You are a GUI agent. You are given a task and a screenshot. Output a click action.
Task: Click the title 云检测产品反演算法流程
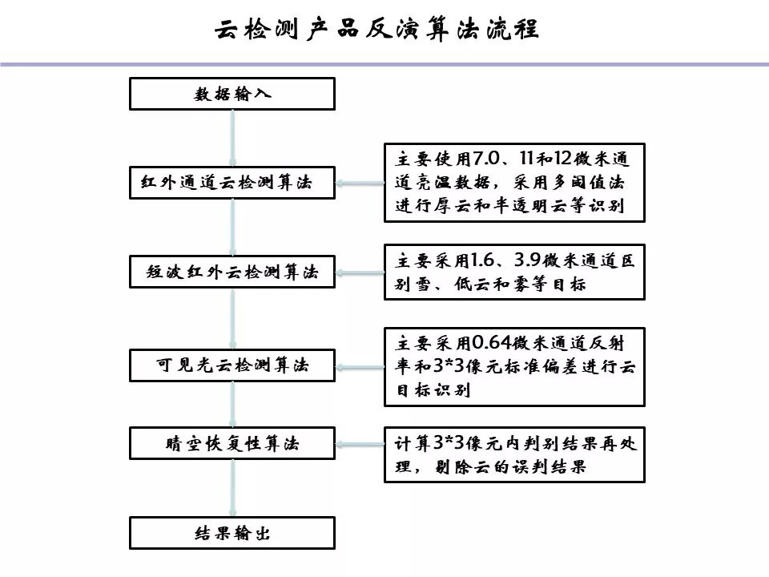click(376, 30)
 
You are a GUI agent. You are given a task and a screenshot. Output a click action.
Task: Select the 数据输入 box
click(232, 94)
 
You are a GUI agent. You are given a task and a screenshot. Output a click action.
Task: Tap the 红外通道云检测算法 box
click(232, 183)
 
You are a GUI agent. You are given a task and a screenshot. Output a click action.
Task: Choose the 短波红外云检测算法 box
click(232, 272)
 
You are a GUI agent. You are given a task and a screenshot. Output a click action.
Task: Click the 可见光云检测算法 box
click(232, 365)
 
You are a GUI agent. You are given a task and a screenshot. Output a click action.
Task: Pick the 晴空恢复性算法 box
click(232, 443)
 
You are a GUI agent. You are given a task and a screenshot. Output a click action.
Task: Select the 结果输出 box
click(232, 533)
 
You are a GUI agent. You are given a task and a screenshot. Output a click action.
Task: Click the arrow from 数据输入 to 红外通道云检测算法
click(232, 138)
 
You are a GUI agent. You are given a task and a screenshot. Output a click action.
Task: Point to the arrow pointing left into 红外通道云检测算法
click(360, 184)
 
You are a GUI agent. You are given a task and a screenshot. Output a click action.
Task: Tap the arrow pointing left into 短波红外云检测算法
click(360, 272)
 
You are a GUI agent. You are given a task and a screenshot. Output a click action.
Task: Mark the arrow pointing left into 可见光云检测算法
click(360, 366)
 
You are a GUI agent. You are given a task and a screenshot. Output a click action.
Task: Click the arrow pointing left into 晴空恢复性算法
click(360, 443)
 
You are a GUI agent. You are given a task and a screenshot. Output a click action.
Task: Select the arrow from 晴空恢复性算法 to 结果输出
click(232, 488)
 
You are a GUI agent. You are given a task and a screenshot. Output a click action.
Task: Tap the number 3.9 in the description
click(525, 260)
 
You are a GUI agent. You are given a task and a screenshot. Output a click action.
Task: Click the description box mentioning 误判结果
click(514, 454)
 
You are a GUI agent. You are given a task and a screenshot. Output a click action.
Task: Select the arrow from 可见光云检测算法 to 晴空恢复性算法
click(232, 404)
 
